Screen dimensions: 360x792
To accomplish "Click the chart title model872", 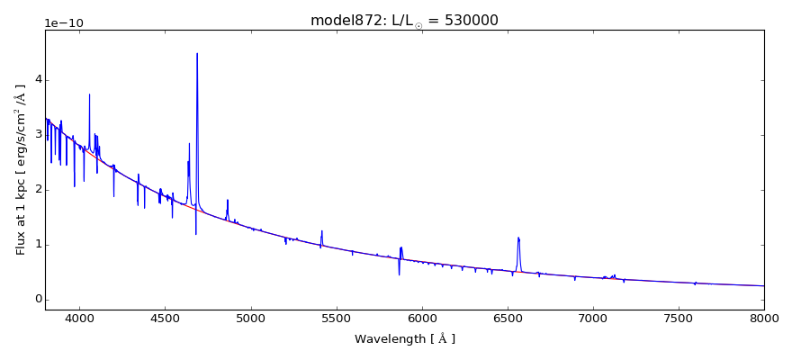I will (404, 21).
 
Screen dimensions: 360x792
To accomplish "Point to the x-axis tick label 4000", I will (79, 317).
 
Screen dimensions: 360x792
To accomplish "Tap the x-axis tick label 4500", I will (165, 317).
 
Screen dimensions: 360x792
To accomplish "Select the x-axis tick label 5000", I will (250, 317).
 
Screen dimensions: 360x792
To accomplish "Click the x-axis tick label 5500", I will (336, 317).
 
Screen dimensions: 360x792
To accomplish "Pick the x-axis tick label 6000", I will (421, 317).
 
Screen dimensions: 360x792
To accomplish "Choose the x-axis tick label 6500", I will (507, 317).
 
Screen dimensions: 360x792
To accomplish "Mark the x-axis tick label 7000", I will (592, 317).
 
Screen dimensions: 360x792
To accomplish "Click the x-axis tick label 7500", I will (678, 317).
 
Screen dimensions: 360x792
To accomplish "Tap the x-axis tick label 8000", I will (763, 317).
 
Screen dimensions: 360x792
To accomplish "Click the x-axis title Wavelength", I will (404, 339).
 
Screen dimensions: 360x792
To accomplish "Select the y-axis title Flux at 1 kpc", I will (21, 169).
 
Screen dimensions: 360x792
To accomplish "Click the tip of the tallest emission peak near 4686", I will (197, 54).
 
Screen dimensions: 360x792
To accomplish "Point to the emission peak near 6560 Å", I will (518, 238).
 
